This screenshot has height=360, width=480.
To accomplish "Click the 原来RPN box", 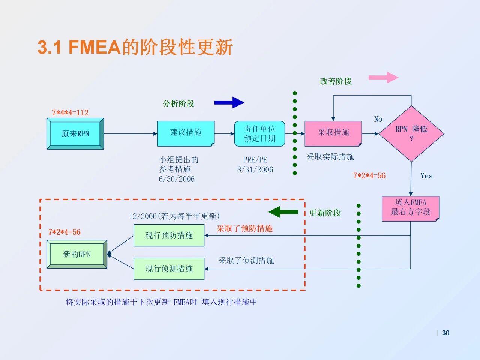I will tap(75, 134).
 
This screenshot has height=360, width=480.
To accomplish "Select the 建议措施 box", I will tap(186, 133).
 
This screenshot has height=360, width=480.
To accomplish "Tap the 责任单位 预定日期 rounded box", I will tap(259, 133).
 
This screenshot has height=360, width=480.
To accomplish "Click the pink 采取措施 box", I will tap(333, 133).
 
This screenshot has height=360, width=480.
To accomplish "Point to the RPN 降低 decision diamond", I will tap(411, 133).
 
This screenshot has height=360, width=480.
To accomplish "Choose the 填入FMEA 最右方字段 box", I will tap(410, 208).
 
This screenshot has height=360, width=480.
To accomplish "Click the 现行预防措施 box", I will tap(169, 235).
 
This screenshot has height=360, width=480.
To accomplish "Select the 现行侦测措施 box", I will tap(169, 268).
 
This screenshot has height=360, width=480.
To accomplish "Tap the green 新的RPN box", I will tap(77, 254).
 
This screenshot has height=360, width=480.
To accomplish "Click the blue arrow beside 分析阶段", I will tap(229, 102).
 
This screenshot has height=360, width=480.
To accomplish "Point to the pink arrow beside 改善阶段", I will tap(383, 77).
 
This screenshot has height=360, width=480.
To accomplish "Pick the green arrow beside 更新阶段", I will tap(283, 212).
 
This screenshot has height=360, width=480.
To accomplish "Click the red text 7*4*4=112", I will tap(70, 112).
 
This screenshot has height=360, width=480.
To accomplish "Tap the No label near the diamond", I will tap(378, 119).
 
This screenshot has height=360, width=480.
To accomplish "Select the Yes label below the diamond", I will tap(426, 176).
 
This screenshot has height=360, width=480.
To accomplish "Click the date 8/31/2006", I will tap(255, 169).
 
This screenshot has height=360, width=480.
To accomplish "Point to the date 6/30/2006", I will tap(177, 179).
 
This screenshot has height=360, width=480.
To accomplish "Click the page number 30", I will tap(445, 333).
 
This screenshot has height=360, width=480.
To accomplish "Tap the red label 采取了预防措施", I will tap(244, 228).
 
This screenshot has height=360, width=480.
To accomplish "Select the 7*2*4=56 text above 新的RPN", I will tap(64, 232).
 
